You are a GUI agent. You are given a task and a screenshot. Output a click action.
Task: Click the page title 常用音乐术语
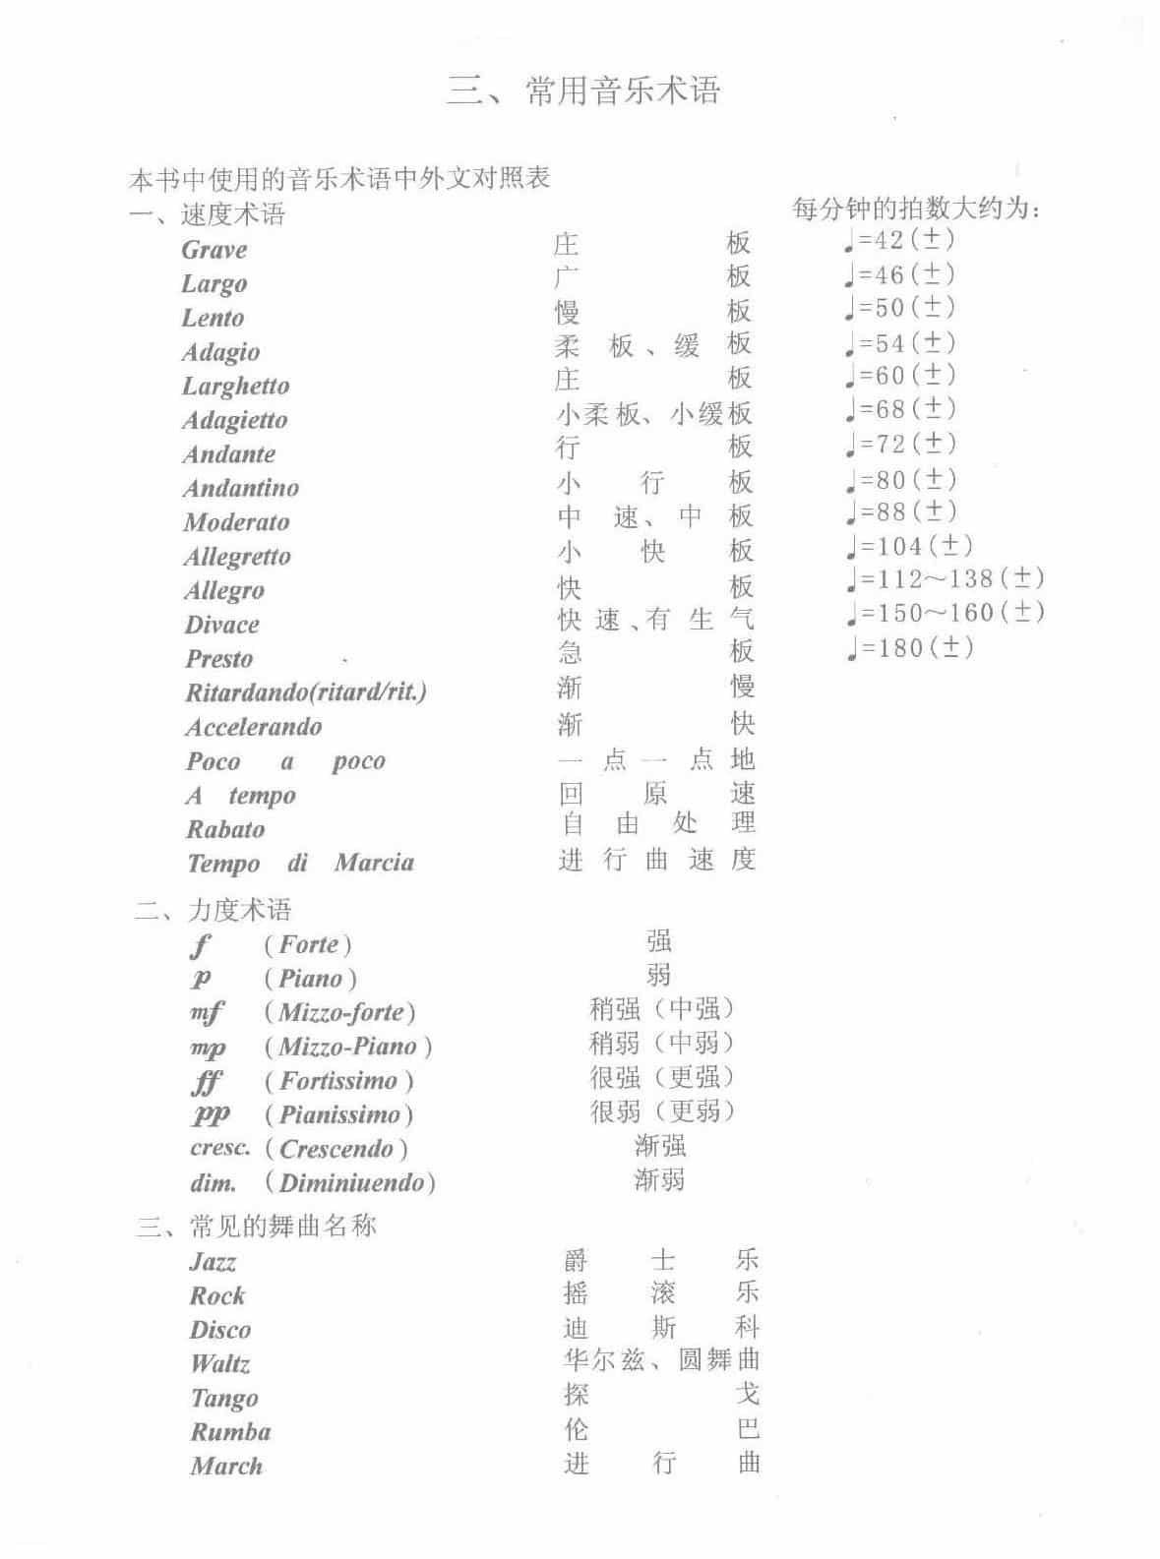(583, 90)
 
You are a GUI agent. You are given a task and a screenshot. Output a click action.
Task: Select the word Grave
(214, 250)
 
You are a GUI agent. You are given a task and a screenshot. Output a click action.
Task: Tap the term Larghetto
(235, 386)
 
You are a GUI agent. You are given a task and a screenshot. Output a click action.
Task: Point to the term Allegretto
(237, 557)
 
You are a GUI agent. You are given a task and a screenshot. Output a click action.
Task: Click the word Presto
(219, 659)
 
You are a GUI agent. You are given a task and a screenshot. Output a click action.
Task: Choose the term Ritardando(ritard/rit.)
(306, 692)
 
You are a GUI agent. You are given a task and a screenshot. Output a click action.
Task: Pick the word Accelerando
(254, 727)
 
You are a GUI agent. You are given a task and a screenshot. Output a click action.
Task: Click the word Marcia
(374, 863)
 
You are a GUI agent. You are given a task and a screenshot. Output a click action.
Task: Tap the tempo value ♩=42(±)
(899, 239)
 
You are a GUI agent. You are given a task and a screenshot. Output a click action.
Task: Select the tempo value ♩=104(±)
(909, 546)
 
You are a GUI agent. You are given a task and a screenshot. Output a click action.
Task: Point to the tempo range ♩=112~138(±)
(945, 579)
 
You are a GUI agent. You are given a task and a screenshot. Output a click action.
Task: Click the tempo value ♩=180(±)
(909, 647)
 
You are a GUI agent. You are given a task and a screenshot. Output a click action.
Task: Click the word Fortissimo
(338, 1081)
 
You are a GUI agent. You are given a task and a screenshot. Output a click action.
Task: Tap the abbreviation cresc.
(219, 1148)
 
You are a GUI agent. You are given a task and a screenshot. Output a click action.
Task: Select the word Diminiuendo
(350, 1182)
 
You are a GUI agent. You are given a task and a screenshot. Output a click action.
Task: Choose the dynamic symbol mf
(207, 1012)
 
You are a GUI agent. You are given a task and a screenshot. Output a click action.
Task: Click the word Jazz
(213, 1262)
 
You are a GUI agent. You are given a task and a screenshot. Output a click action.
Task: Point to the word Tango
(224, 1398)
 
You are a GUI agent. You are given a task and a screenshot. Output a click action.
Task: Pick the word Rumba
(230, 1432)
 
